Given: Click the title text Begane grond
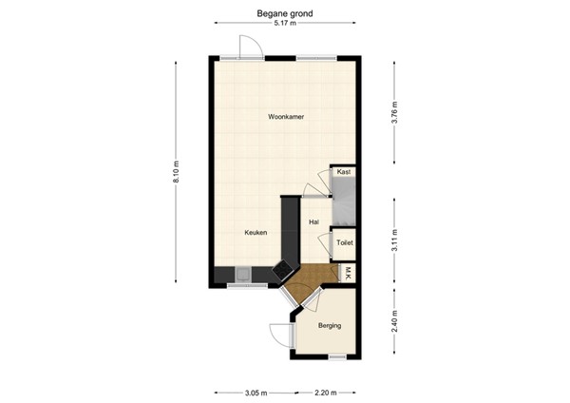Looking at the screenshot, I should [x=284, y=13].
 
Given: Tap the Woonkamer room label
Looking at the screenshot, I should [x=284, y=117].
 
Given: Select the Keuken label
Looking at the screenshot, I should [x=256, y=233].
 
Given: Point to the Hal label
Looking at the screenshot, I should [x=313, y=221].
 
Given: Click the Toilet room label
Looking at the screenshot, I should [x=344, y=244].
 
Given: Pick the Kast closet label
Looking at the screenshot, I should [x=343, y=172].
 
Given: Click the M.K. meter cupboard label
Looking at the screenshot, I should [x=349, y=274].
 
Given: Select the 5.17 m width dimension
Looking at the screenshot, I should [x=284, y=25].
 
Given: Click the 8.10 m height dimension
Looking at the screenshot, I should [x=177, y=171].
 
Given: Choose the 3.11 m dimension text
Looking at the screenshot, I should [x=394, y=240].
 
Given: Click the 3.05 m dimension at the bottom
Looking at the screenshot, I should [x=256, y=391].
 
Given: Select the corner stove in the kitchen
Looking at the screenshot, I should [x=283, y=270].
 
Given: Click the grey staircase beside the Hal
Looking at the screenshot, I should [x=343, y=201].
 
